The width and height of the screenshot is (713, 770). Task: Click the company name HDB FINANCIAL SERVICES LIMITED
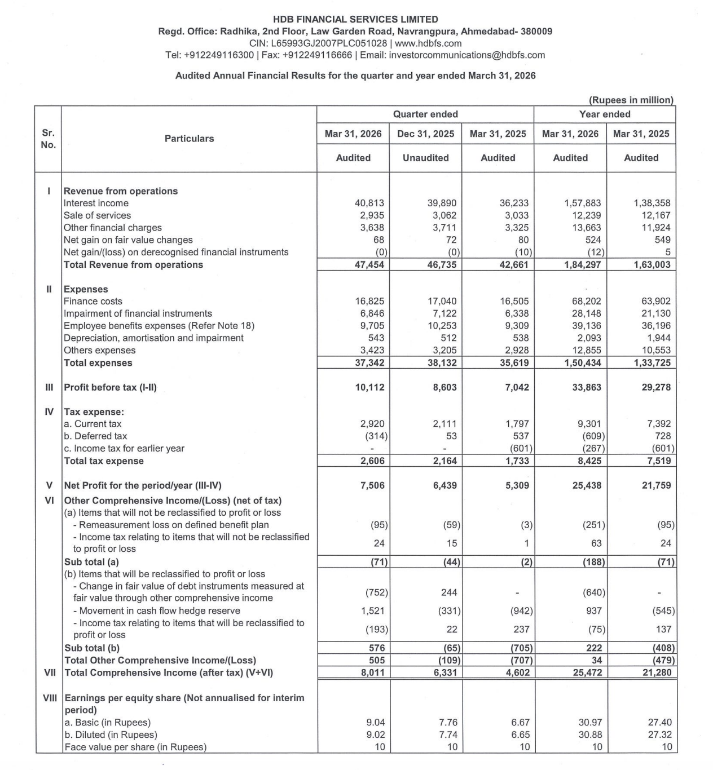click(355, 20)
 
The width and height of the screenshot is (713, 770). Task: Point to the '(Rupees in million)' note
click(631, 100)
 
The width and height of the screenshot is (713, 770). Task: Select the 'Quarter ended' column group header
click(425, 114)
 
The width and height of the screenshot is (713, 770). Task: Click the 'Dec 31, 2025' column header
click(425, 134)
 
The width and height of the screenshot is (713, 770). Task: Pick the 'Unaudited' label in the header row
click(425, 158)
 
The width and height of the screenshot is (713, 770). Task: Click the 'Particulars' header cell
click(189, 139)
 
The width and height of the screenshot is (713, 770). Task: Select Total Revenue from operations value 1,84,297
click(583, 265)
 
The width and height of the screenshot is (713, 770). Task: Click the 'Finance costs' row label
click(93, 302)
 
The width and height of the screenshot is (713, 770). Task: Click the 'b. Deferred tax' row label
click(95, 436)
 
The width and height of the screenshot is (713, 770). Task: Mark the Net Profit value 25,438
click(587, 485)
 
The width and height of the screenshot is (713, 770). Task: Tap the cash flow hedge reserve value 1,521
click(372, 611)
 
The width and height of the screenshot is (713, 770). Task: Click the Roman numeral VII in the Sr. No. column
click(49, 672)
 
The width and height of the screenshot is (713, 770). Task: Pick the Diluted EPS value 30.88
click(590, 735)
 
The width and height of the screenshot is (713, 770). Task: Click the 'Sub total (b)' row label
click(92, 648)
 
